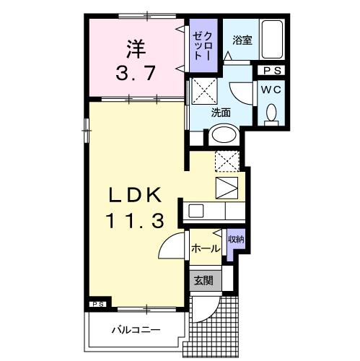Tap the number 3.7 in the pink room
point(136,72)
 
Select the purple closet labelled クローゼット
point(201,45)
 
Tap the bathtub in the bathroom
point(272,39)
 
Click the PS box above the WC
point(272,71)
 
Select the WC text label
point(271,90)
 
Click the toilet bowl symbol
point(272,113)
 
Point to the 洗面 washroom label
point(221,113)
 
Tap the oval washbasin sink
point(224,135)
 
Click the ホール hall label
point(205,248)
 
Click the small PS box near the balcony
point(97,304)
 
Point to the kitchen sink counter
point(214,212)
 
